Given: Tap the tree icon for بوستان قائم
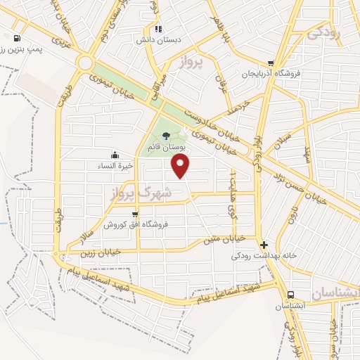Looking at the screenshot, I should pos(165,136).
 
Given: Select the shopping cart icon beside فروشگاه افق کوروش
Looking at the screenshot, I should pos(134,214).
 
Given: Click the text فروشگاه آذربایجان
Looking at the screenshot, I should pos(271,73).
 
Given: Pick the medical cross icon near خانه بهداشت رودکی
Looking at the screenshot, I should pos(264,245).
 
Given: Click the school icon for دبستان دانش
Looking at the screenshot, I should pos(159,30).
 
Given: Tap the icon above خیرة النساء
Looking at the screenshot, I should pos(115,155).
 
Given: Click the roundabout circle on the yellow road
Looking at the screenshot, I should pos(85,63).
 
